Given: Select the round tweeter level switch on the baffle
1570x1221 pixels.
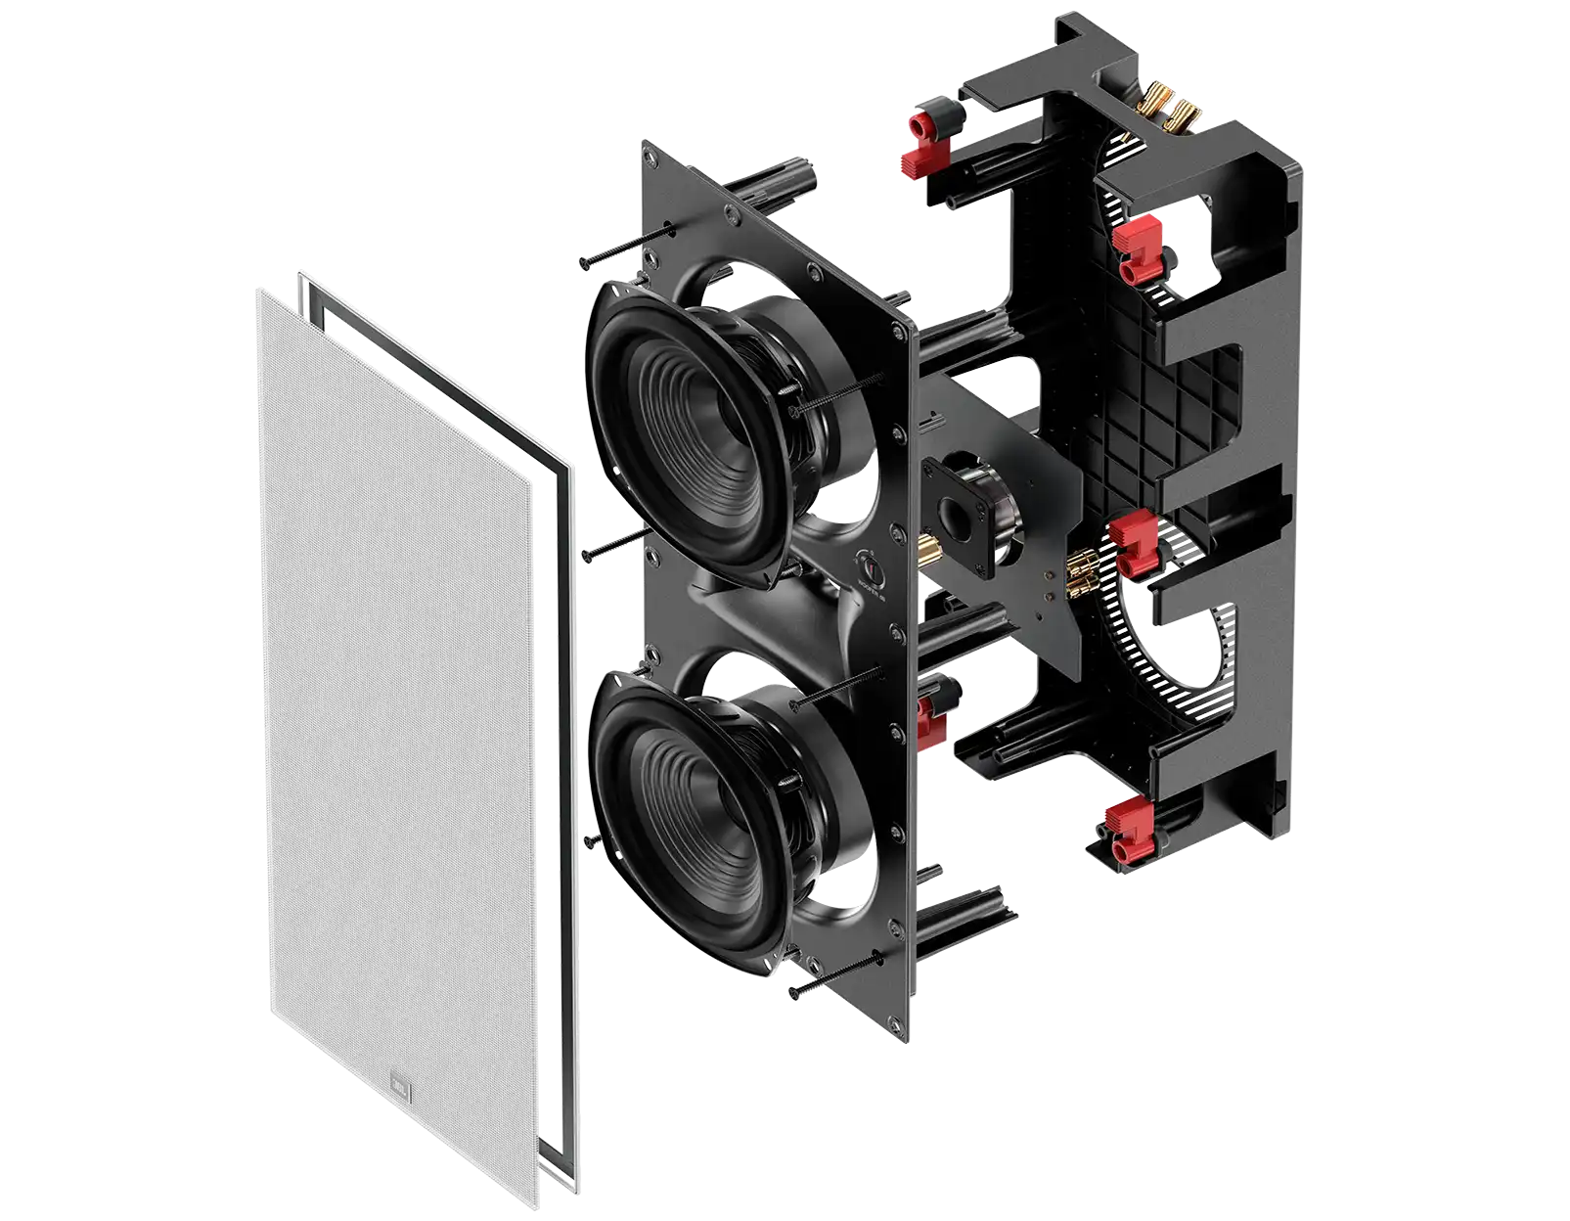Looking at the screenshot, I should [867, 565].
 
